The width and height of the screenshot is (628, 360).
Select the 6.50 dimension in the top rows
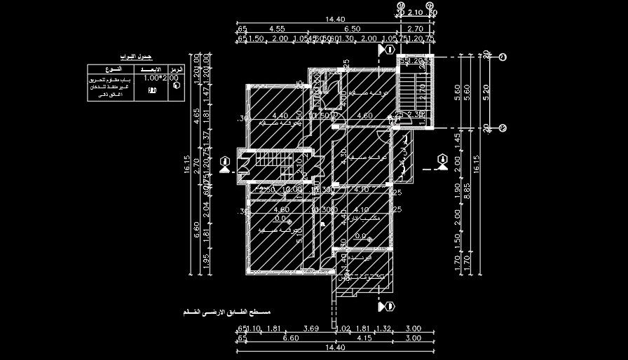[352, 29]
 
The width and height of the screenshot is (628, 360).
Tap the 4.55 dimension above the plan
[275, 29]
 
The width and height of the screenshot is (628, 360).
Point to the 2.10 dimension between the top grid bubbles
[415, 13]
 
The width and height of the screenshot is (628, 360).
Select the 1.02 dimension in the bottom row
[343, 328]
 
